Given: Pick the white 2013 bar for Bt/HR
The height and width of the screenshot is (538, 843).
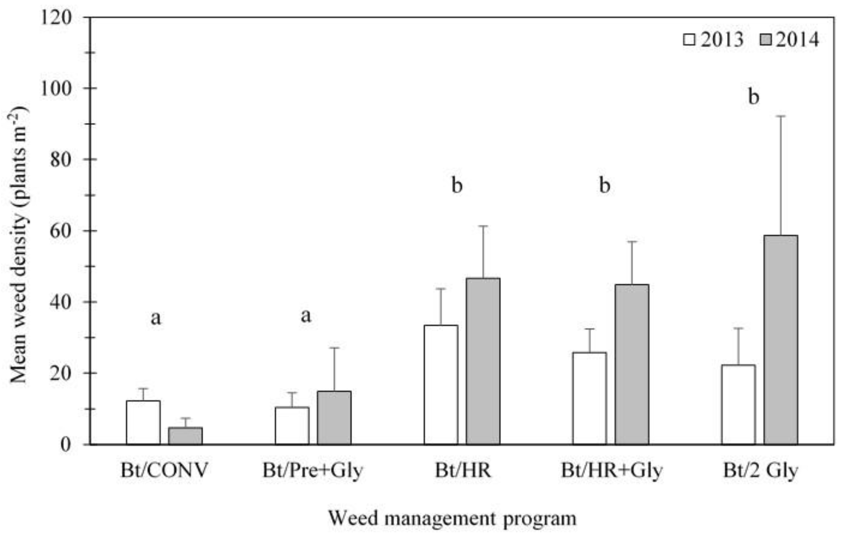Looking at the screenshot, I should (441, 385).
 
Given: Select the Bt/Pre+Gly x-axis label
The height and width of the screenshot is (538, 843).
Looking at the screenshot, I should (313, 470).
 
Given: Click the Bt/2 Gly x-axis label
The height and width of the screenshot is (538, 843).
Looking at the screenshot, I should (760, 470).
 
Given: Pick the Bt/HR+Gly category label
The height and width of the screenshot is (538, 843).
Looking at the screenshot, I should (612, 470).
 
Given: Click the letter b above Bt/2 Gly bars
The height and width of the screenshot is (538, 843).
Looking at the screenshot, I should (753, 97).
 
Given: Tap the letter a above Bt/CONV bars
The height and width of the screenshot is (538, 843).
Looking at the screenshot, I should (156, 318).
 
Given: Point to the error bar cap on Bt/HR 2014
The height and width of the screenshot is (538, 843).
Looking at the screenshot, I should (483, 226).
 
